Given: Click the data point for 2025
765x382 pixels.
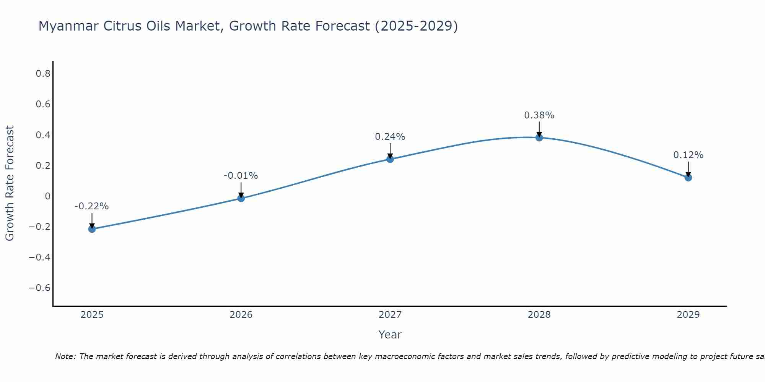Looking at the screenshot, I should tap(92, 229).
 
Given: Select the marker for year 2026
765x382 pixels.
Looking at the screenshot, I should tap(241, 198).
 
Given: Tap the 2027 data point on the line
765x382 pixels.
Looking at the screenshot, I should tap(390, 159).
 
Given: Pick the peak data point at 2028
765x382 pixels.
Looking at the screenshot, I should tap(539, 138).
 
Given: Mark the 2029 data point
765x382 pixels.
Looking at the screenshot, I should tap(688, 177).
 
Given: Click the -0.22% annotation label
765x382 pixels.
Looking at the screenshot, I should tap(92, 206).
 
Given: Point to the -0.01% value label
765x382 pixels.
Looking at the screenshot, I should tap(241, 176).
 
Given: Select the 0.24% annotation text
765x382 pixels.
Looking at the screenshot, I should tap(390, 136).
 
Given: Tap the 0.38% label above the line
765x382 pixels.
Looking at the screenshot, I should tap(539, 115).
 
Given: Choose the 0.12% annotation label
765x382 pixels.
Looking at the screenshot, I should tap(688, 155).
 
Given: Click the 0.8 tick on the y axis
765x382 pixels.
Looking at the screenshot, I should tap(43, 74).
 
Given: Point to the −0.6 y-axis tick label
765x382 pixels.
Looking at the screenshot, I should tap(40, 288).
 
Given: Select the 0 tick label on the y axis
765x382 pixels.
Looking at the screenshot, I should tap(47, 196).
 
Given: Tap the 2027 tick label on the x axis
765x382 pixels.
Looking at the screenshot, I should tap(390, 315).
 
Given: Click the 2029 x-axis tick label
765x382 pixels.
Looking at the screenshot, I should tap(688, 315).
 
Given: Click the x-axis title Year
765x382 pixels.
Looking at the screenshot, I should tap(390, 335).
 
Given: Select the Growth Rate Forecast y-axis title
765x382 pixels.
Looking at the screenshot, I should tap(10, 183).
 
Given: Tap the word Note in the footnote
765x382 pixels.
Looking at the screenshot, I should tap(65, 356).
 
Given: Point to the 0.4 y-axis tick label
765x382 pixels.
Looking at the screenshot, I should tap(43, 135).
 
